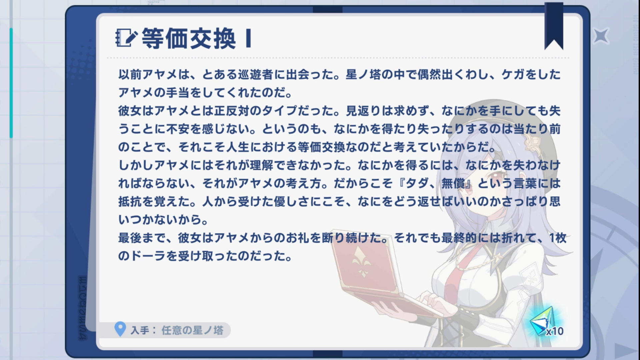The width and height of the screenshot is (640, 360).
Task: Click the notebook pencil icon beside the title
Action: click(x=126, y=38)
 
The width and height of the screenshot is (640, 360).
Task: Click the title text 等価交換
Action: click(x=189, y=38)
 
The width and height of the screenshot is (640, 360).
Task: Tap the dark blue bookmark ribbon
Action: click(x=554, y=26)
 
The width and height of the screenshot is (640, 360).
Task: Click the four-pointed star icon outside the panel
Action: click(x=601, y=36)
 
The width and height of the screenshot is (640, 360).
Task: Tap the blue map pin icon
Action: click(x=120, y=329)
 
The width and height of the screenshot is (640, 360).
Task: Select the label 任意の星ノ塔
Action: click(x=192, y=330)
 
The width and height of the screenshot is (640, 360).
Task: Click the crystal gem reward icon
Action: click(x=542, y=320)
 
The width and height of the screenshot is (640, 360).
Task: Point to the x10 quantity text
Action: click(x=555, y=331)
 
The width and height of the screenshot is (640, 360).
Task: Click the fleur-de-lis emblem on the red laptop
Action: click(x=362, y=262)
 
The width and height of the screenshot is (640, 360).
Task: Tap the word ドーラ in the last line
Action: click(x=148, y=256)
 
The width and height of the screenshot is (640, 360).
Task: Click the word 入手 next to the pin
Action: click(x=139, y=330)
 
